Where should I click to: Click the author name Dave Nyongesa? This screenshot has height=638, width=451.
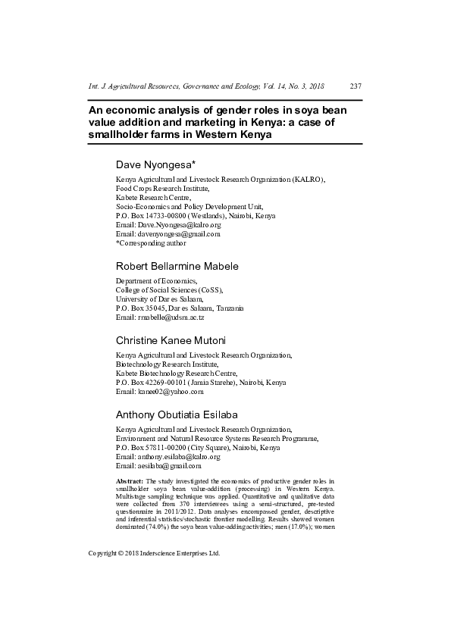coord(155,164)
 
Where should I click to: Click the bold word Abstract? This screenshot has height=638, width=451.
coord(128,481)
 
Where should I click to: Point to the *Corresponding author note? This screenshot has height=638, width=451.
coord(150,243)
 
